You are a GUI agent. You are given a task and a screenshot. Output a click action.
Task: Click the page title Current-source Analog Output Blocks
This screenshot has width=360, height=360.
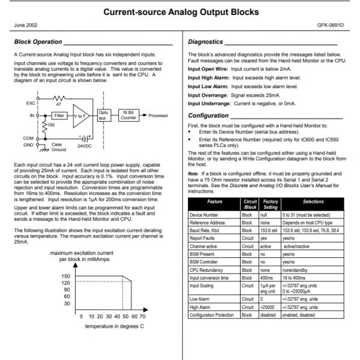(x=181, y=12)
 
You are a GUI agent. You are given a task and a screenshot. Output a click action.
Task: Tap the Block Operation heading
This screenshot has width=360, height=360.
(x=38, y=42)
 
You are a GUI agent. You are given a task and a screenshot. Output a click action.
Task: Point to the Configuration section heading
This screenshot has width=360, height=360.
(x=208, y=115)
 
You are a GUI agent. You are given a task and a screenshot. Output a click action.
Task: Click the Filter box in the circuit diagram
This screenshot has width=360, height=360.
(x=59, y=115)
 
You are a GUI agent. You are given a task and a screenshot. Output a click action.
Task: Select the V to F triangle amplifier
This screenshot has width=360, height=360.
(x=80, y=115)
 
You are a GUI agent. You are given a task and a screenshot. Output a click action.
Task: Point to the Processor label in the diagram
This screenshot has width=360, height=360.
(x=158, y=115)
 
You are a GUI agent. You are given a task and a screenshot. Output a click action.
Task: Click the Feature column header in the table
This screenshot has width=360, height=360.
(x=214, y=202)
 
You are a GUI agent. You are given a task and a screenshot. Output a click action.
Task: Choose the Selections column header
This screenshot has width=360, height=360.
(x=313, y=202)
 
